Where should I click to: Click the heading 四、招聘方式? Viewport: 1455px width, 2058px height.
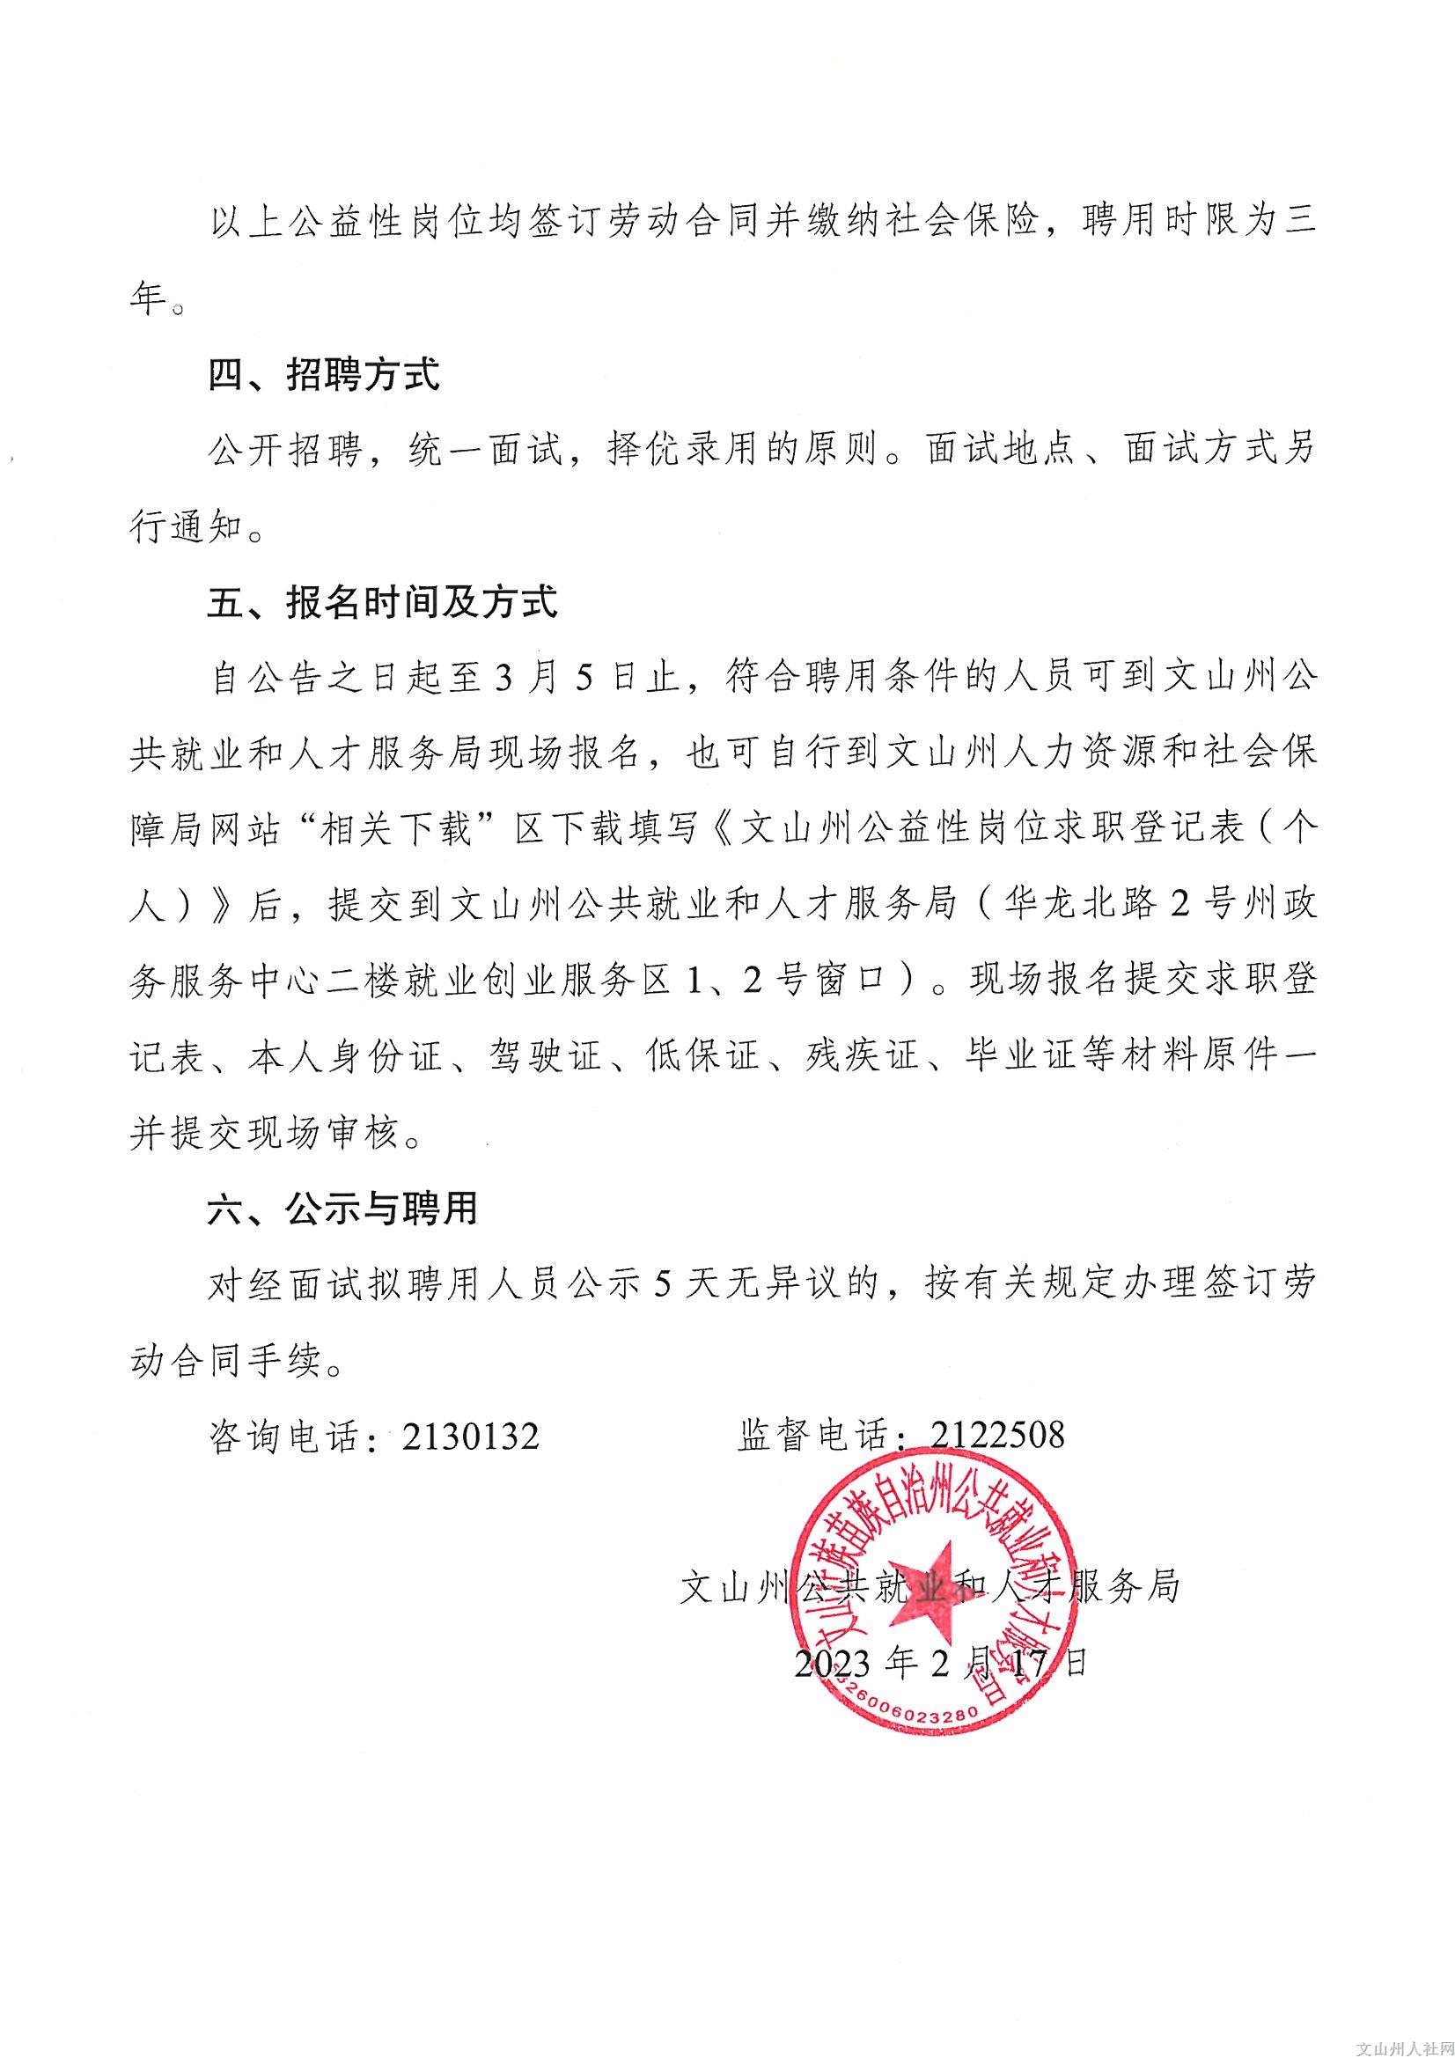click(324, 375)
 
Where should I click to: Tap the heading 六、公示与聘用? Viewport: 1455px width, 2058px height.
click(343, 1210)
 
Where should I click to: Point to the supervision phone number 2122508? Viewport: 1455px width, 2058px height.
click(997, 1435)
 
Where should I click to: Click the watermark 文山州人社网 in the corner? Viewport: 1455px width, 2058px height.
click(1403, 2047)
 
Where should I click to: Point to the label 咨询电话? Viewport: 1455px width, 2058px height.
click(285, 1437)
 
